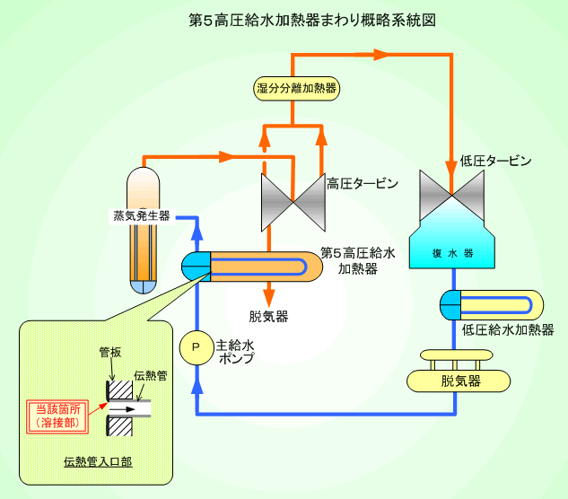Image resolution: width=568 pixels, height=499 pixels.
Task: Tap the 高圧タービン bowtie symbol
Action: click(291, 200)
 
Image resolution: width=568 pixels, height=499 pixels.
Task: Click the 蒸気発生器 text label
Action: click(143, 216)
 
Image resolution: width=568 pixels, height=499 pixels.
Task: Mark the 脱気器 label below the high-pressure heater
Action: click(268, 316)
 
